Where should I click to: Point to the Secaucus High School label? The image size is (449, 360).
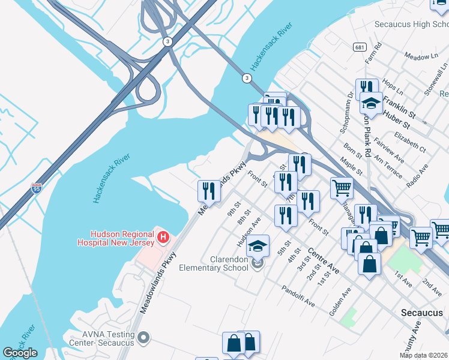point(411,25)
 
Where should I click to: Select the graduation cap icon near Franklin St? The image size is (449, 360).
point(371,104)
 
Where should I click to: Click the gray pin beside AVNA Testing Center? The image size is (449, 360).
point(143,338)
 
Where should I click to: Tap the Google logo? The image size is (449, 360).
point(20,353)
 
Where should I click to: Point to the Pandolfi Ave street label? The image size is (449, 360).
point(298,296)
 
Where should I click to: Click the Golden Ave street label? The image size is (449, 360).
point(340,303)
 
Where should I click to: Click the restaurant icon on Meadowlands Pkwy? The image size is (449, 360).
point(209,191)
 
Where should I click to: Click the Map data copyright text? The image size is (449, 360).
point(424,355)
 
